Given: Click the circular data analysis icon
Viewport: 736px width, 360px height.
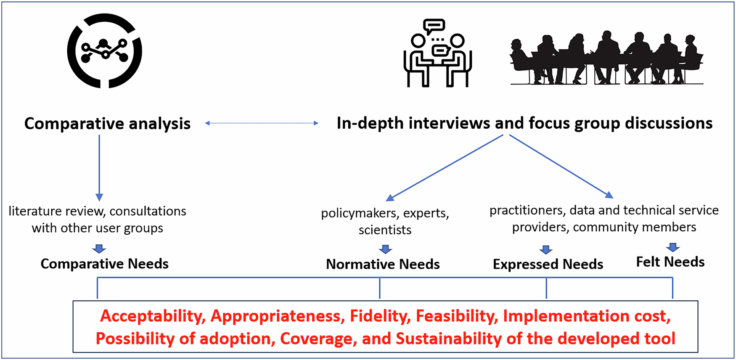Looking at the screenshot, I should [105, 51].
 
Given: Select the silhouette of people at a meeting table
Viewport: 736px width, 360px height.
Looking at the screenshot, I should [606, 58].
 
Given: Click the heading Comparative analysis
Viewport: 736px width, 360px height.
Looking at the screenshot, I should [107, 124].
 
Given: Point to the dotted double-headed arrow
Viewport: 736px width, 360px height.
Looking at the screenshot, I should [262, 123].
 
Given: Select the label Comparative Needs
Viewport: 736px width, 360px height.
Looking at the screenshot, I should [104, 264].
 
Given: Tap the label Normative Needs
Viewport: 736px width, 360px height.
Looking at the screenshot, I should [383, 264].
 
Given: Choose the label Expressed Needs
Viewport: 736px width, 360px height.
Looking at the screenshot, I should [548, 264].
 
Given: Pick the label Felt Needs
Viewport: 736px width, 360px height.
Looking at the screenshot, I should [670, 262].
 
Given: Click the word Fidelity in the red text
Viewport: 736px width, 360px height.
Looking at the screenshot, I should [380, 316].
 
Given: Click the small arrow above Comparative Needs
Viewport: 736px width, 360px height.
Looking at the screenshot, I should [99, 249].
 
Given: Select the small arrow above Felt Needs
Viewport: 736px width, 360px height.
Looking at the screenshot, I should [672, 247].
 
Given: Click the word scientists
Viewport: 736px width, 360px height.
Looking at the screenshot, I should [385, 230].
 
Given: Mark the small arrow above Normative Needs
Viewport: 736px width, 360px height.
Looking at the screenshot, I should [385, 249].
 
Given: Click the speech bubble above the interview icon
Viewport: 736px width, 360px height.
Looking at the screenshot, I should [434, 26].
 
